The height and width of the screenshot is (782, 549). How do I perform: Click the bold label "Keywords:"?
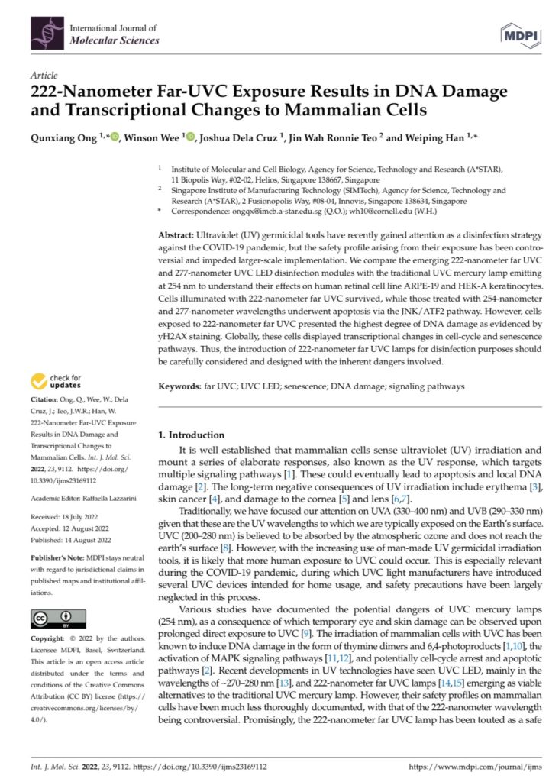pos(180,387)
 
